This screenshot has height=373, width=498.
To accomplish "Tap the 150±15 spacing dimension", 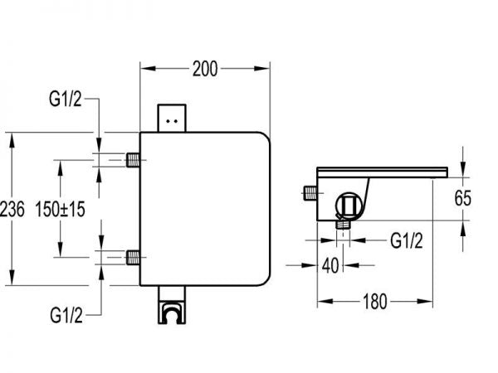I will [x=62, y=211].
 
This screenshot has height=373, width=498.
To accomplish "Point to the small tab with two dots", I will [x=173, y=119].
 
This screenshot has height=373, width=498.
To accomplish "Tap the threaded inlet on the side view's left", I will [x=310, y=194].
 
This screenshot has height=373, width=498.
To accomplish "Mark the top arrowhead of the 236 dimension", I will [x=12, y=138].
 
